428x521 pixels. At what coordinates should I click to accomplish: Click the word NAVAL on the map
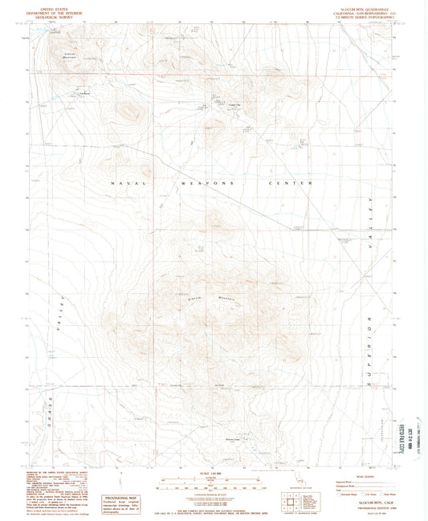[127, 184]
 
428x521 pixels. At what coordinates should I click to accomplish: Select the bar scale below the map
[214, 482]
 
